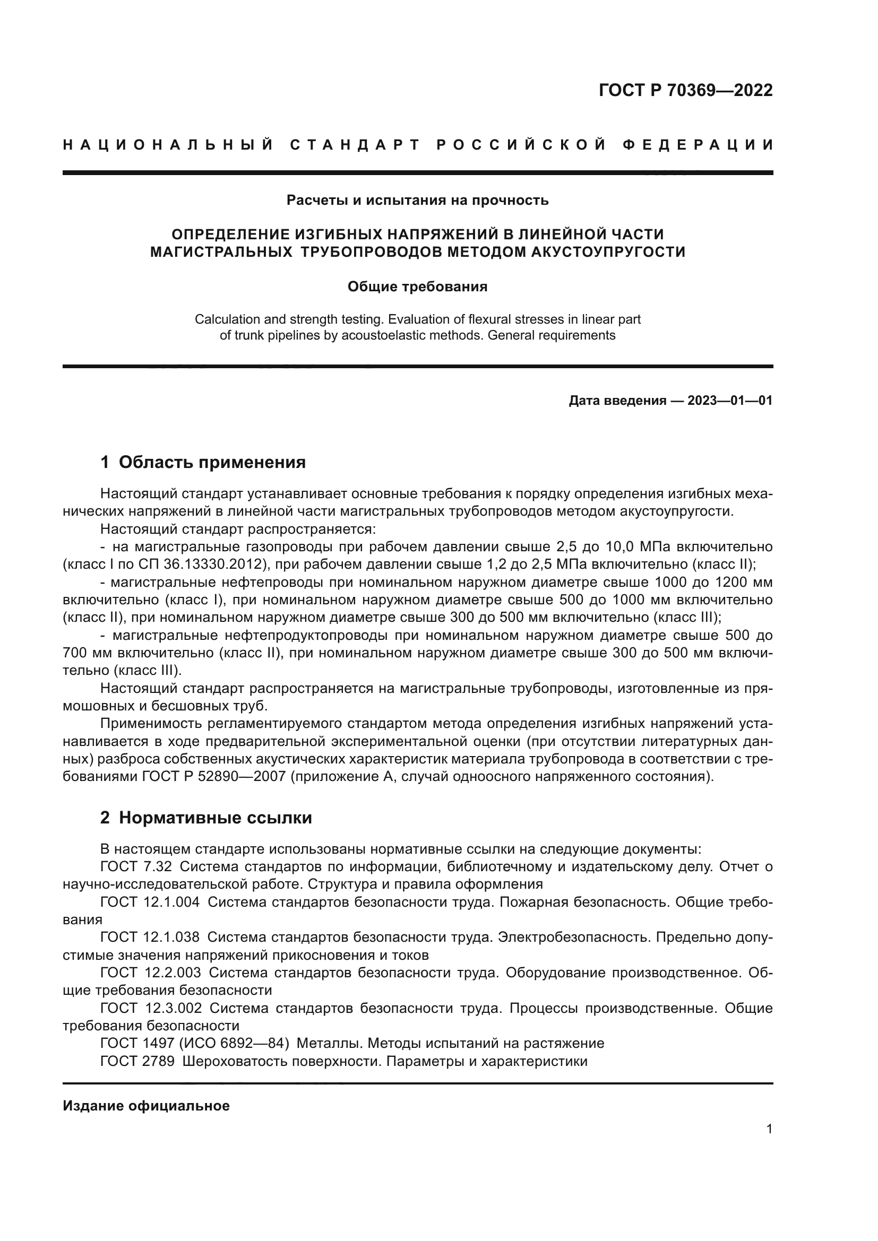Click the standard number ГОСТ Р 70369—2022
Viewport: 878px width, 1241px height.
coord(685,91)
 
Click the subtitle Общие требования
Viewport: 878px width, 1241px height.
coord(417,287)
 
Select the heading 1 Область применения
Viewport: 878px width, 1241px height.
coord(203,462)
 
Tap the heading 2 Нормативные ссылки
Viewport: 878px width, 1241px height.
coord(206,818)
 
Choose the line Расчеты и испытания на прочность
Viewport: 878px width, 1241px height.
coord(417,201)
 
